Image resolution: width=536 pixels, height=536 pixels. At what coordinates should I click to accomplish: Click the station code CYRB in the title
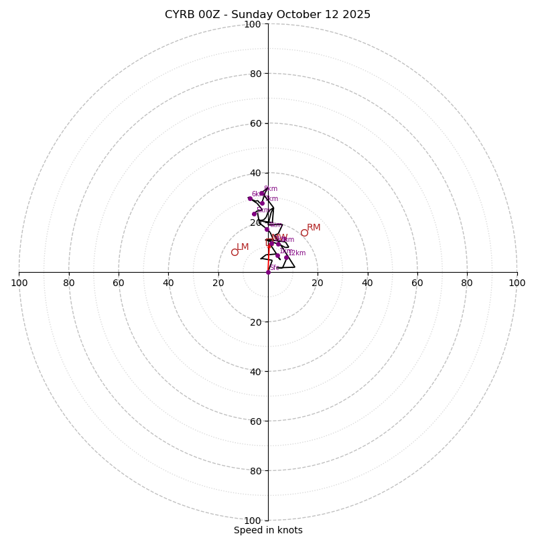click(180, 15)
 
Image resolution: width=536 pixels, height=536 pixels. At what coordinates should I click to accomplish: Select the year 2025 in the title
click(356, 15)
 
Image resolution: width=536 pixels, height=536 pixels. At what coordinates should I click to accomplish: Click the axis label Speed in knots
click(268, 530)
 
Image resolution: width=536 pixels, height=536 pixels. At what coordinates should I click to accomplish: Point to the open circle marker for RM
click(304, 232)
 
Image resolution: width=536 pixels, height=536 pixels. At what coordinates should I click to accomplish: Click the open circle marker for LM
click(234, 252)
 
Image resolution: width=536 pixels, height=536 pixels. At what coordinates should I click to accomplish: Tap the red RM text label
click(314, 228)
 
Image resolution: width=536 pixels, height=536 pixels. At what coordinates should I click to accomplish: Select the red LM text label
click(243, 247)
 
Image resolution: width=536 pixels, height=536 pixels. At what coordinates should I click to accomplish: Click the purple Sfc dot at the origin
click(268, 272)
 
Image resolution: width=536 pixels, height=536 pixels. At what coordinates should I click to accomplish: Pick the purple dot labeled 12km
click(286, 257)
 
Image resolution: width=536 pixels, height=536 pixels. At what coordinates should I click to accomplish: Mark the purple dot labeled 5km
click(254, 214)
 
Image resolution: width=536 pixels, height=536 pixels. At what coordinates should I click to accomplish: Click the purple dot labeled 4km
click(267, 229)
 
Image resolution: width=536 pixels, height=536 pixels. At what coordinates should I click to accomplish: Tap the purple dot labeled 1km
click(277, 255)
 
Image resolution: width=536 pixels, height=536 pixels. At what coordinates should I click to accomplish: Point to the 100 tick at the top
click(253, 24)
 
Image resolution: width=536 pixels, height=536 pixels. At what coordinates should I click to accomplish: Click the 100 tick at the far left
click(19, 283)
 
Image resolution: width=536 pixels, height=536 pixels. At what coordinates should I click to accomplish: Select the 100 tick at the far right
click(517, 283)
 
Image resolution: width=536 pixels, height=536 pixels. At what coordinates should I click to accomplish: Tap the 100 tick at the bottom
click(253, 520)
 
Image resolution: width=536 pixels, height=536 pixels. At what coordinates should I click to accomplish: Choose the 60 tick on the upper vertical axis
click(255, 123)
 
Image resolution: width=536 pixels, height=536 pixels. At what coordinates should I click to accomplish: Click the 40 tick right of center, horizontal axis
click(367, 283)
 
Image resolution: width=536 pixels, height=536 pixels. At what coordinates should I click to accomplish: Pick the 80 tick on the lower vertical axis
click(255, 470)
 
